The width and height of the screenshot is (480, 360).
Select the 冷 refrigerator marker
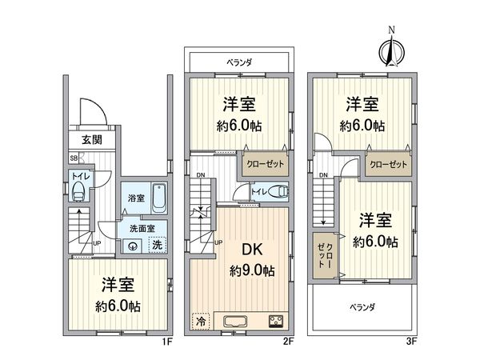198,320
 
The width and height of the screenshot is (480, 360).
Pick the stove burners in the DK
277,322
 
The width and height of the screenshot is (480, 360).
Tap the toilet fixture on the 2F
276,191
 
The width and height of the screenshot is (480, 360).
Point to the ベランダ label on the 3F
362,306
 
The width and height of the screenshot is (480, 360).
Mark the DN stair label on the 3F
324,175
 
